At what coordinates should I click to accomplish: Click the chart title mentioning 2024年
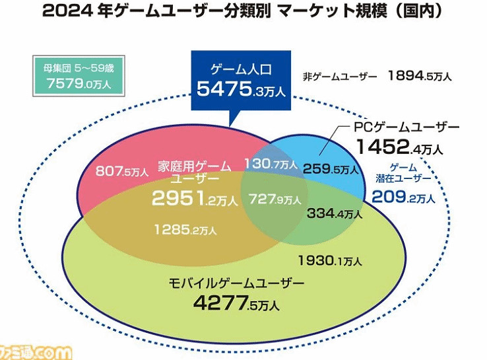tap(243, 11)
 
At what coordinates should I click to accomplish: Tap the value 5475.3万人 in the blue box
tap(240, 89)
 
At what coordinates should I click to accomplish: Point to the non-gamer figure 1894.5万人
tap(420, 76)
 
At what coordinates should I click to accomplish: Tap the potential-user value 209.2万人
tap(403, 196)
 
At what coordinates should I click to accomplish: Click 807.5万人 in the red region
tap(121, 172)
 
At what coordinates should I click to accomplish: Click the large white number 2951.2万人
tap(194, 198)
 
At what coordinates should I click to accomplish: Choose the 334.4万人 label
tap(335, 213)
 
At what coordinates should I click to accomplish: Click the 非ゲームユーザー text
tap(341, 76)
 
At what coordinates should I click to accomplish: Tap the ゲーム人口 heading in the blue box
tap(240, 69)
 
